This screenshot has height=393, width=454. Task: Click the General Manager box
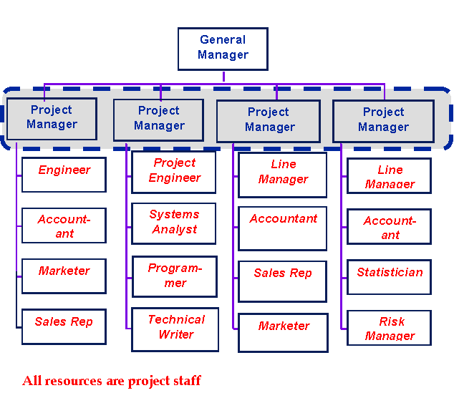pos(223,49)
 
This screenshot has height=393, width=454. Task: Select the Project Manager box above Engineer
pos(52,118)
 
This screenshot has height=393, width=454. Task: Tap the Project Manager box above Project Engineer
pos(159,119)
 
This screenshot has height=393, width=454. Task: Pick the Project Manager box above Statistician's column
pos(383,120)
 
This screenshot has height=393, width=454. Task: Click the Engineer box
pos(64,174)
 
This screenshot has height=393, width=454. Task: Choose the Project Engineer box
pos(174,172)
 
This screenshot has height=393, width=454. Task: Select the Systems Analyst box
pos(174,223)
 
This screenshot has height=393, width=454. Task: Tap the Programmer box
pos(175,276)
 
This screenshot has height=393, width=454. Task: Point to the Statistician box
pos(390,276)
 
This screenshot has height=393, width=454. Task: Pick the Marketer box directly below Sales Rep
pos(283,332)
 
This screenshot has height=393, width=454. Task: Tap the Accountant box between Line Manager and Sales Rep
pos(283,228)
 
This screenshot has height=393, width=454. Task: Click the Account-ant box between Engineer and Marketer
pos(64,226)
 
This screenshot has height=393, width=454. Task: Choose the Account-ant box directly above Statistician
pos(390,227)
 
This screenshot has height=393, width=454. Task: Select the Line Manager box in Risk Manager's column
pos(390,176)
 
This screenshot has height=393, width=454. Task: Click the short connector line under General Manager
pos(223,76)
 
